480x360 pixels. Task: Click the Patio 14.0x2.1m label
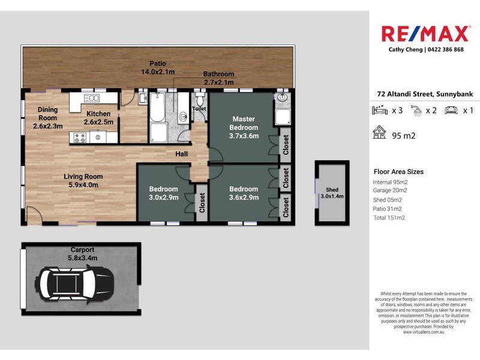click(158, 68)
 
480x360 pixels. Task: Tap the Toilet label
click(199, 109)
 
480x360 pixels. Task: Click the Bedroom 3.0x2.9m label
click(163, 193)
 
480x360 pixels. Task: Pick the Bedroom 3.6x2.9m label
click(244, 193)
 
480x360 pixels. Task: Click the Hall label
click(182, 154)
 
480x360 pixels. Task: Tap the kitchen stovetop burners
click(80, 137)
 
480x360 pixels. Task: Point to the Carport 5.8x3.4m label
click(83, 254)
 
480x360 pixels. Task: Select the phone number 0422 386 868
click(444, 50)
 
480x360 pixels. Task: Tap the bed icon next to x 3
click(380, 110)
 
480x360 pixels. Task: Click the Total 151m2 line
click(389, 218)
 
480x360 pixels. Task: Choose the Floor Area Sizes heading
click(398, 172)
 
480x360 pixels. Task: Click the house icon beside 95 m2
click(379, 133)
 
